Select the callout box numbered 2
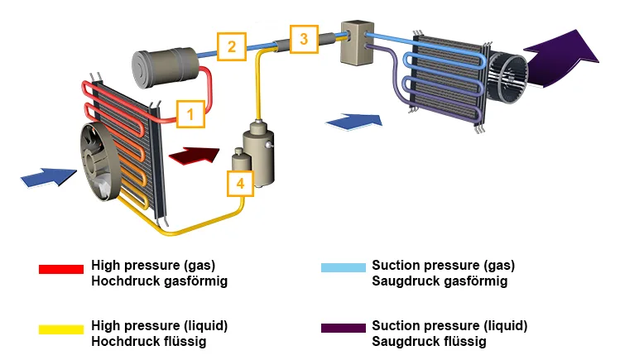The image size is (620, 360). (x=232, y=46)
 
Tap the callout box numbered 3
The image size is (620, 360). (x=304, y=39)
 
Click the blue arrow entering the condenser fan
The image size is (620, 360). (x=47, y=176)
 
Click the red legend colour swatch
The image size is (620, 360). (x=61, y=269)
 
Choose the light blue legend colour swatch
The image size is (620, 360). (x=343, y=269)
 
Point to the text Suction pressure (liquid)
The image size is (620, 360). (x=449, y=325)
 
